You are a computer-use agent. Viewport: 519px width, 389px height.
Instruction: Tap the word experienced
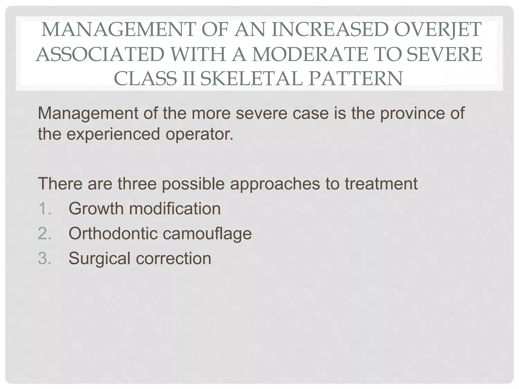point(113,134)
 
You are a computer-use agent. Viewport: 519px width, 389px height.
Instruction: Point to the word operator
point(199,134)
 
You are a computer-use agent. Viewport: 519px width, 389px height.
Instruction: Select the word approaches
point(275,184)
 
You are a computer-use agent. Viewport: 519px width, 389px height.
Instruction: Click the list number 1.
point(45,209)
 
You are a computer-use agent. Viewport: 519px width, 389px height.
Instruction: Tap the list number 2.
point(45,234)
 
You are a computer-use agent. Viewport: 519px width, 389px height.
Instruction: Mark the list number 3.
point(45,258)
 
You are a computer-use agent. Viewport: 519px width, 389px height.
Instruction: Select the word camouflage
point(207,234)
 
